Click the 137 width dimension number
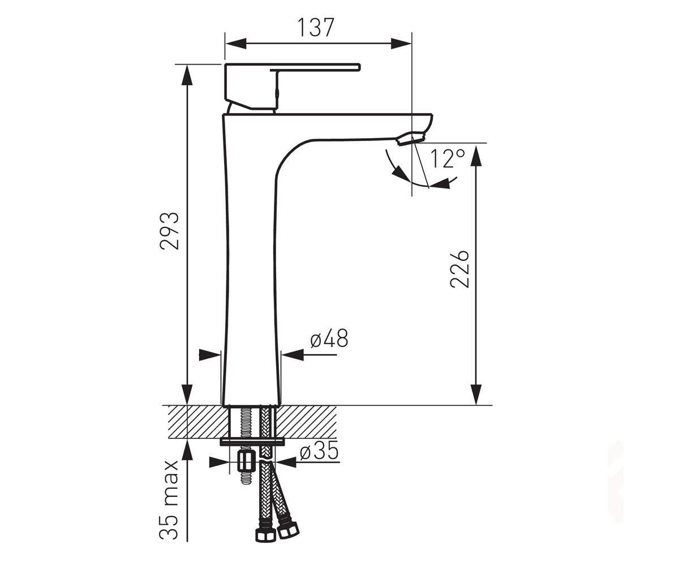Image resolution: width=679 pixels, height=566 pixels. (316, 28)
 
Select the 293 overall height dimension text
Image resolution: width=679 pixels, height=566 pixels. (169, 231)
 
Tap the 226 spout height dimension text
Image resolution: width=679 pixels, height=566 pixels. (459, 269)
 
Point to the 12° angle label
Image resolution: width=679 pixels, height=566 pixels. (447, 158)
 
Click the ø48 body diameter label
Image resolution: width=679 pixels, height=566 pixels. (329, 338)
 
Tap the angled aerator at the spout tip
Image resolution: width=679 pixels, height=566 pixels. (412, 138)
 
